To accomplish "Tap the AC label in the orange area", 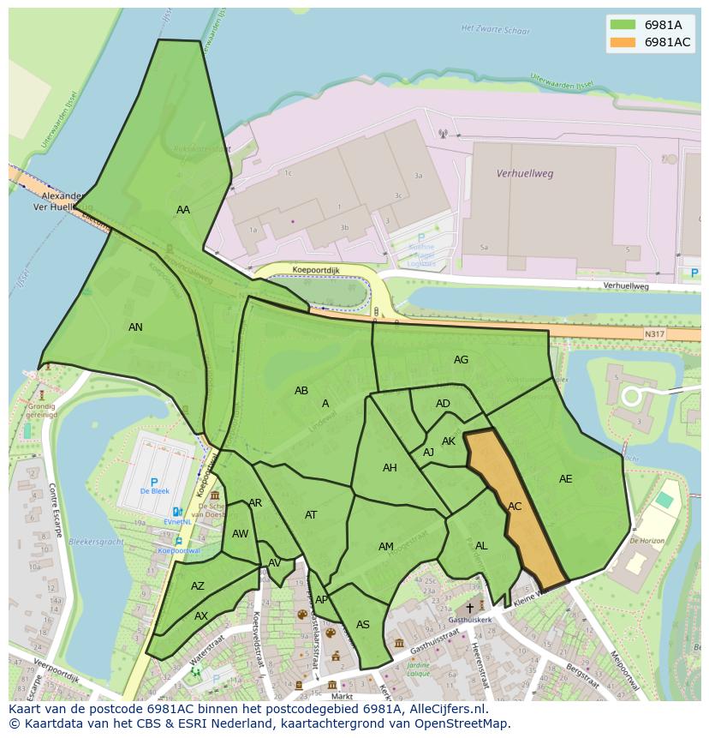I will (x=515, y=507).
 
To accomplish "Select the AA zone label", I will (x=183, y=210).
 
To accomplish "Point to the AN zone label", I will (x=135, y=327).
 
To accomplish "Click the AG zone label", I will (x=461, y=360).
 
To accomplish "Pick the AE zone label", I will (x=565, y=479).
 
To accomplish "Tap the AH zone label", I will (x=390, y=468).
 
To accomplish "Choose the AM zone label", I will (x=386, y=547).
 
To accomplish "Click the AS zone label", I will (x=363, y=625).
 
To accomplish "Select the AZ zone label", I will (x=198, y=586).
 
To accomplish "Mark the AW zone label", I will (x=240, y=534).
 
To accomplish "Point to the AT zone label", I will (x=311, y=515).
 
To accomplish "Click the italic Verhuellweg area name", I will (x=525, y=173).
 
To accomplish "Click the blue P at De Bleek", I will (x=154, y=483).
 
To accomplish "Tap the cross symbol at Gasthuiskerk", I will (x=469, y=607).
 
